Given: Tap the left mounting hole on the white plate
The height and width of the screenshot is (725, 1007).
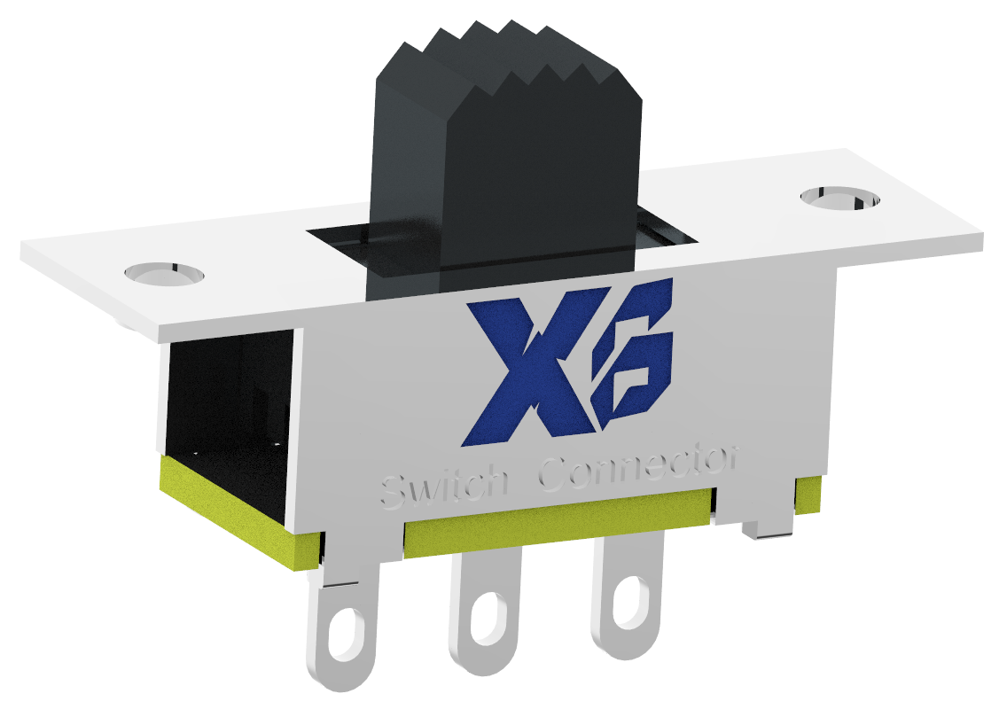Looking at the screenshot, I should [164, 273].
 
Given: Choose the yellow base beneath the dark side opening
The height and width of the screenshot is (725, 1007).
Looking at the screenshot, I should [239, 514].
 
